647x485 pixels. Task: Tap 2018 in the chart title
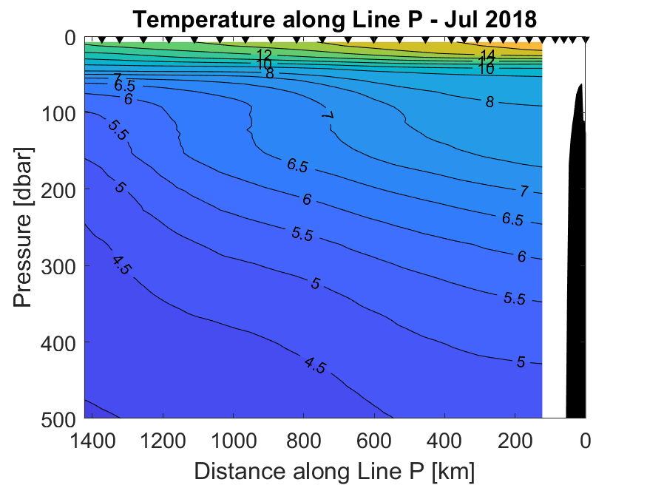point(510,19)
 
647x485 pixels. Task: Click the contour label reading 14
point(487,55)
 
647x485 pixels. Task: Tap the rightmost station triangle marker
point(586,39)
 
